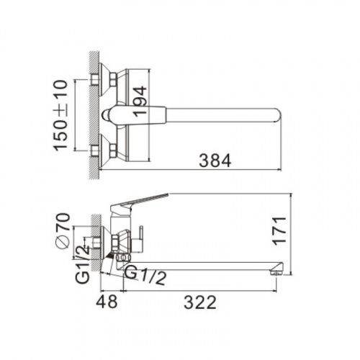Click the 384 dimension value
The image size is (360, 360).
215,161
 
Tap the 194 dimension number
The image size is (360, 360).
140,102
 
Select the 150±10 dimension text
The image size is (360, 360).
60,115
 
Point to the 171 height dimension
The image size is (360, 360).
279,231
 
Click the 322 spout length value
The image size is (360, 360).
200,302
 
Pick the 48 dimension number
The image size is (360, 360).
107,302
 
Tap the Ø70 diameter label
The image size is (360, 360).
63,231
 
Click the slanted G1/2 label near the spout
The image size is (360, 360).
145,275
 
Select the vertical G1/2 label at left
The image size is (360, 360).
83,264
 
